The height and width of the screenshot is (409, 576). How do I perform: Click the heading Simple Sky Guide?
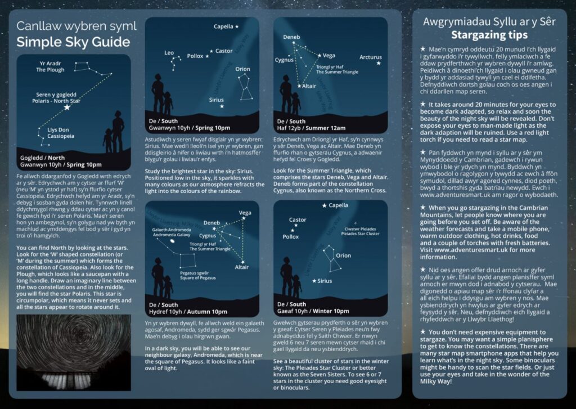pos(73,42)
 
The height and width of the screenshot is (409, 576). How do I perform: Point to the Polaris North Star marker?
pos(67,107)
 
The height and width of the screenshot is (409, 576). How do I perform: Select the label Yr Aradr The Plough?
pos(50,66)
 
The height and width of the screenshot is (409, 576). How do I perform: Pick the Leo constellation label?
pos(169,52)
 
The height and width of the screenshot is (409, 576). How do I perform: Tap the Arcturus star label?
pos(370,57)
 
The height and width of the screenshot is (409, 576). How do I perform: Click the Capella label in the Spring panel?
pos(223,26)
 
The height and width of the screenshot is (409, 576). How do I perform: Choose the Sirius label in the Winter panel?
pos(324,281)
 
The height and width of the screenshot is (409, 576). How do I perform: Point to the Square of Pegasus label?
pos(195,275)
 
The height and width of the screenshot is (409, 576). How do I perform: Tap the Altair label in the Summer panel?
pos(309,86)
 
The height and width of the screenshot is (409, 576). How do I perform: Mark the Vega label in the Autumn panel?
pos(245,213)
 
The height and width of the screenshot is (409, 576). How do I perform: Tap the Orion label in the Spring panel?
pos(242,69)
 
